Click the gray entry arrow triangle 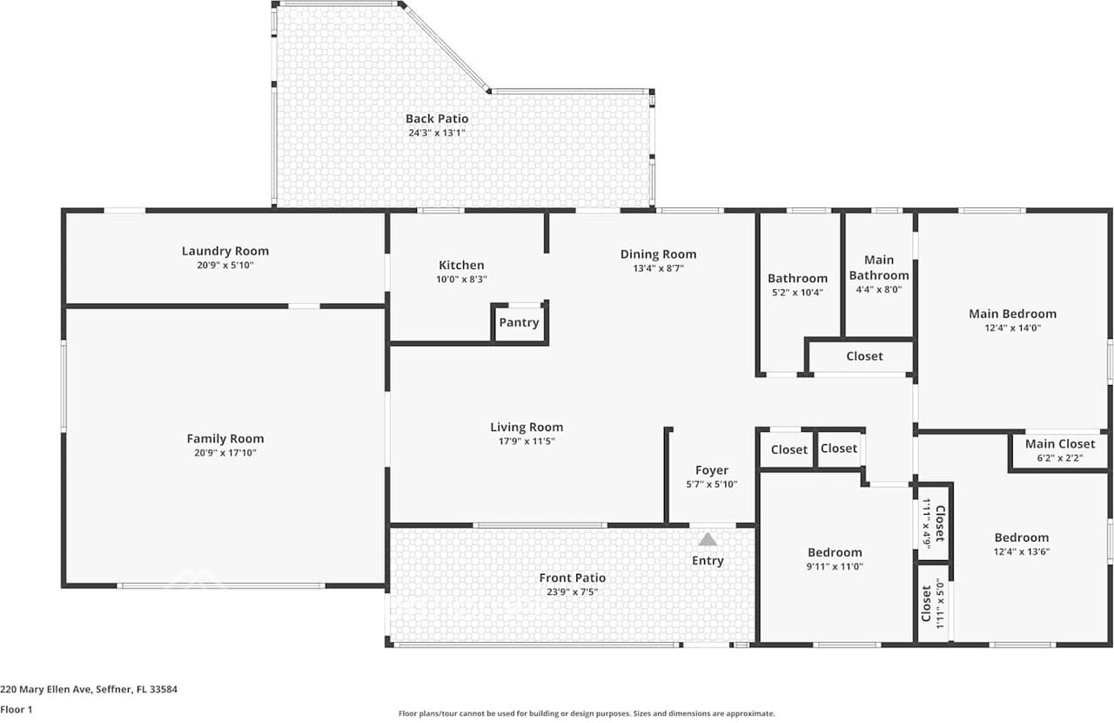(708, 540)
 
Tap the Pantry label (519, 322)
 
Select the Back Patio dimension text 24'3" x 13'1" (437, 133)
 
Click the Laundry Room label (225, 251)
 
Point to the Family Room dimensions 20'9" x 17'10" (225, 453)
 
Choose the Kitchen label (461, 265)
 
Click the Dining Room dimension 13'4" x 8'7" (658, 268)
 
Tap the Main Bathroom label (879, 267)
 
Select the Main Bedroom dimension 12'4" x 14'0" (1012, 328)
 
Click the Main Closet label (1059, 443)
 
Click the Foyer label (711, 470)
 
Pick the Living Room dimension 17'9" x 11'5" (527, 442)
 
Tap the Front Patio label (572, 578)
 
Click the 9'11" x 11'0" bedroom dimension (835, 566)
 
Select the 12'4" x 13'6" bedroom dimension (1022, 551)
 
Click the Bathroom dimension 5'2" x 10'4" (797, 293)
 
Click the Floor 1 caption (17, 710)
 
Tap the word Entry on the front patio (708, 560)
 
